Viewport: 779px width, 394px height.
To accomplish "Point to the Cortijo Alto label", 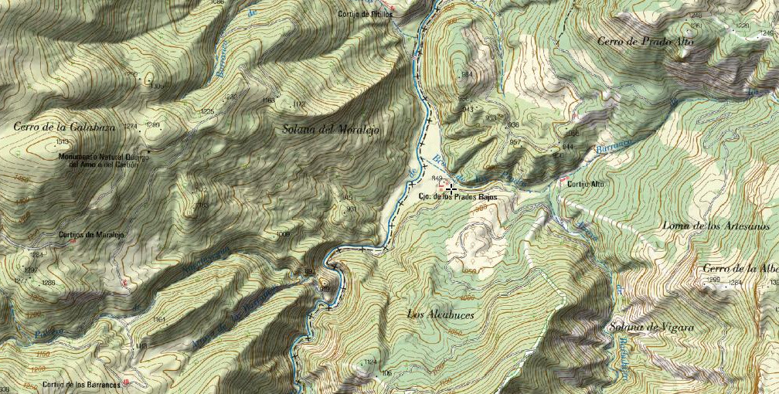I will tap(586, 184).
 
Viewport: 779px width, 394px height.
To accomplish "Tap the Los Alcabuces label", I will tap(440, 314).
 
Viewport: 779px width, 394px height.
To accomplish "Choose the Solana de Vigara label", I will tap(651, 328).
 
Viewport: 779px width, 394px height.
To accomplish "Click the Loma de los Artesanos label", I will tap(715, 226).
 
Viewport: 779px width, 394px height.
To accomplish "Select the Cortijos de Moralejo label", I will tap(91, 235).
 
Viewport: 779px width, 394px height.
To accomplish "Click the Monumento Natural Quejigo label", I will tap(103, 160).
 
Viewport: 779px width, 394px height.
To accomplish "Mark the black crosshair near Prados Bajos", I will tap(451, 188).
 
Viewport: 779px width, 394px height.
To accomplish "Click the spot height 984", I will tap(466, 74).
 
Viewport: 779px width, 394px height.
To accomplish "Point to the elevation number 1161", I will tap(159, 319).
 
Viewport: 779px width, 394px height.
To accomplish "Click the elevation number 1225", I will tap(207, 111).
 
